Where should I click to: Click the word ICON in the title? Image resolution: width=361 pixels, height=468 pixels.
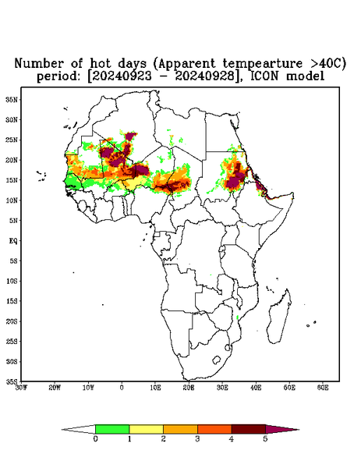click(265, 76)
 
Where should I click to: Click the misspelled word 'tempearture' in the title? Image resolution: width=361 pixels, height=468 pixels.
click(263, 63)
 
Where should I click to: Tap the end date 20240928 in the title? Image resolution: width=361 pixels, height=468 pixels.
click(205, 76)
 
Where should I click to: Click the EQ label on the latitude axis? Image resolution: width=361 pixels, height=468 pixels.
click(13, 240)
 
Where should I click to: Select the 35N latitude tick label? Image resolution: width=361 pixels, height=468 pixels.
click(12, 99)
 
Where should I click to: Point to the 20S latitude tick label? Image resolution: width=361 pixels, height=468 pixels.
click(12, 321)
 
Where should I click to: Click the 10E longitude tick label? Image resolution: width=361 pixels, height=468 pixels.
click(155, 388)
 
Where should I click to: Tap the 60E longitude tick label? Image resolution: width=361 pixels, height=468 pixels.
click(323, 388)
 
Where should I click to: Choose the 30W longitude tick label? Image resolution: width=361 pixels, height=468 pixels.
click(21, 388)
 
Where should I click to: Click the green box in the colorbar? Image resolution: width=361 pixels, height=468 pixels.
click(112, 429)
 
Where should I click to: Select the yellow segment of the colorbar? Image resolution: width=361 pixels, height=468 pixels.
click(146, 429)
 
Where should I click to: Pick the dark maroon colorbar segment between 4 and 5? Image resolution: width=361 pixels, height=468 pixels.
click(249, 429)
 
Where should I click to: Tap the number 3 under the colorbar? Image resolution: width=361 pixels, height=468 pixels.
click(197, 439)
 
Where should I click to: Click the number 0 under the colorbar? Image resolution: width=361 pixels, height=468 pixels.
click(95, 439)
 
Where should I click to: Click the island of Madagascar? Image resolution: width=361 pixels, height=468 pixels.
click(280, 317)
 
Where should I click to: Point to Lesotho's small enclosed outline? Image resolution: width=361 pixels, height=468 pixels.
click(216, 360)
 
